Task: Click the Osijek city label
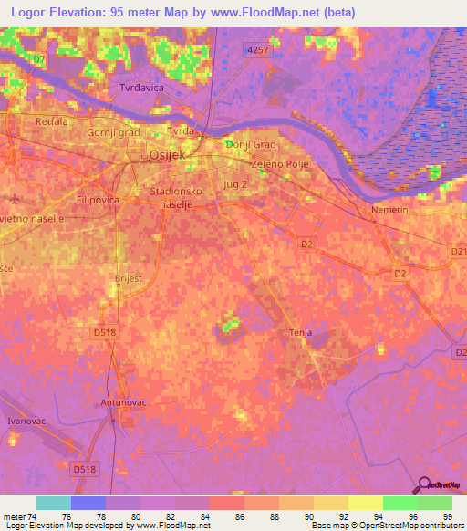(167, 156)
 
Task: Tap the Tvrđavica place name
(140, 88)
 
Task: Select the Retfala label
(51, 121)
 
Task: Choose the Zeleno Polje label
(281, 164)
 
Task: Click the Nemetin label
(388, 211)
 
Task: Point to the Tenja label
(300, 333)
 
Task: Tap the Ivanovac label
(26, 421)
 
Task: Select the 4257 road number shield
(258, 52)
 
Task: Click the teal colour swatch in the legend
(54, 503)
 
